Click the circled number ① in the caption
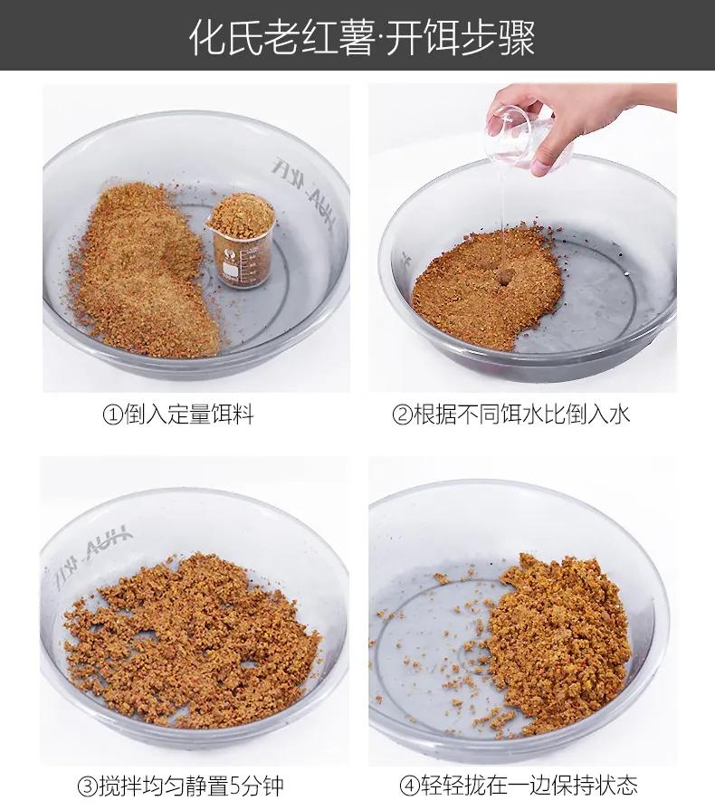coord(112,415)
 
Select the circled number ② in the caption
coord(402,415)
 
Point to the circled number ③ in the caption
coord(87,785)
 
